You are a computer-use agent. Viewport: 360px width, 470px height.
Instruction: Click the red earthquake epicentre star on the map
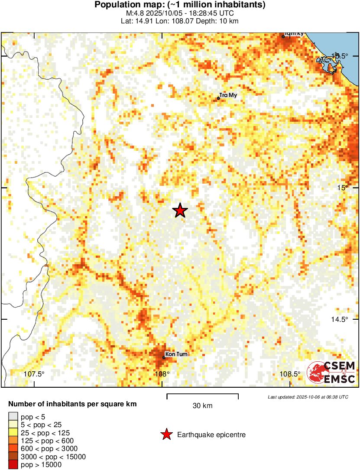point(180,211)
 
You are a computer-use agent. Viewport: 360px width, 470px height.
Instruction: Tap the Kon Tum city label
point(177,354)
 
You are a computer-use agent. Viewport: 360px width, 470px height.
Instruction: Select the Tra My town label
point(228,95)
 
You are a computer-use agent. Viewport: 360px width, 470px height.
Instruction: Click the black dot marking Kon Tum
point(164,357)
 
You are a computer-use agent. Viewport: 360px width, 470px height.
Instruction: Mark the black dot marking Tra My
point(218,98)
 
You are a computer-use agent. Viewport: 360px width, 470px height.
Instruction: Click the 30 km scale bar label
point(202,406)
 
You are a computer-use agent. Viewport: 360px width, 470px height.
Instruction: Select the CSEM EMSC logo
point(331,372)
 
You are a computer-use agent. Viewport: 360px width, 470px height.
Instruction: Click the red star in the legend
point(166,434)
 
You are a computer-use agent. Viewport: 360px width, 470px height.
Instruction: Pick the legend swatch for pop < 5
point(13,417)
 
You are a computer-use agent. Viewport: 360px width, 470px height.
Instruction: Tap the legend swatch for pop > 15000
point(13,464)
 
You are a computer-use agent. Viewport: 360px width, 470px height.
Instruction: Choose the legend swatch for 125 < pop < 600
point(13,441)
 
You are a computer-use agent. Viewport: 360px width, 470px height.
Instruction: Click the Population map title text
point(180,5)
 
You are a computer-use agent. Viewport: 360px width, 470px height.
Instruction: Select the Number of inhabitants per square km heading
point(72,404)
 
